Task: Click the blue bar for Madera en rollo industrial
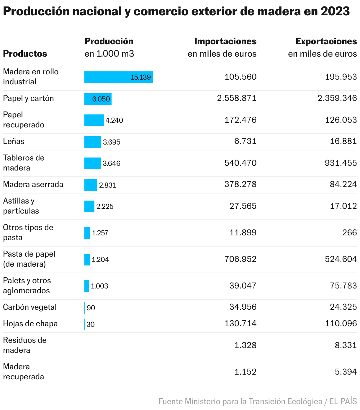118,77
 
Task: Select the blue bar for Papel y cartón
98,99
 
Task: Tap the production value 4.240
114,120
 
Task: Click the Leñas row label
14,141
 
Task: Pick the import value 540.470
240,163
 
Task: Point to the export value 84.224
343,184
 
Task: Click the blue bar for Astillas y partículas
89,206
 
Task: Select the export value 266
350,232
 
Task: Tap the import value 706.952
240,259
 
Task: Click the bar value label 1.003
99,286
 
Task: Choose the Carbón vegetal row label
30,307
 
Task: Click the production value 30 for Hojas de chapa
91,324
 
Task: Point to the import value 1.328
245,345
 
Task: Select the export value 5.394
346,372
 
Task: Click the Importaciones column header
225,41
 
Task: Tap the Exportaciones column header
326,41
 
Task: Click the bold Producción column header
109,41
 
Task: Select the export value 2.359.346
337,98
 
